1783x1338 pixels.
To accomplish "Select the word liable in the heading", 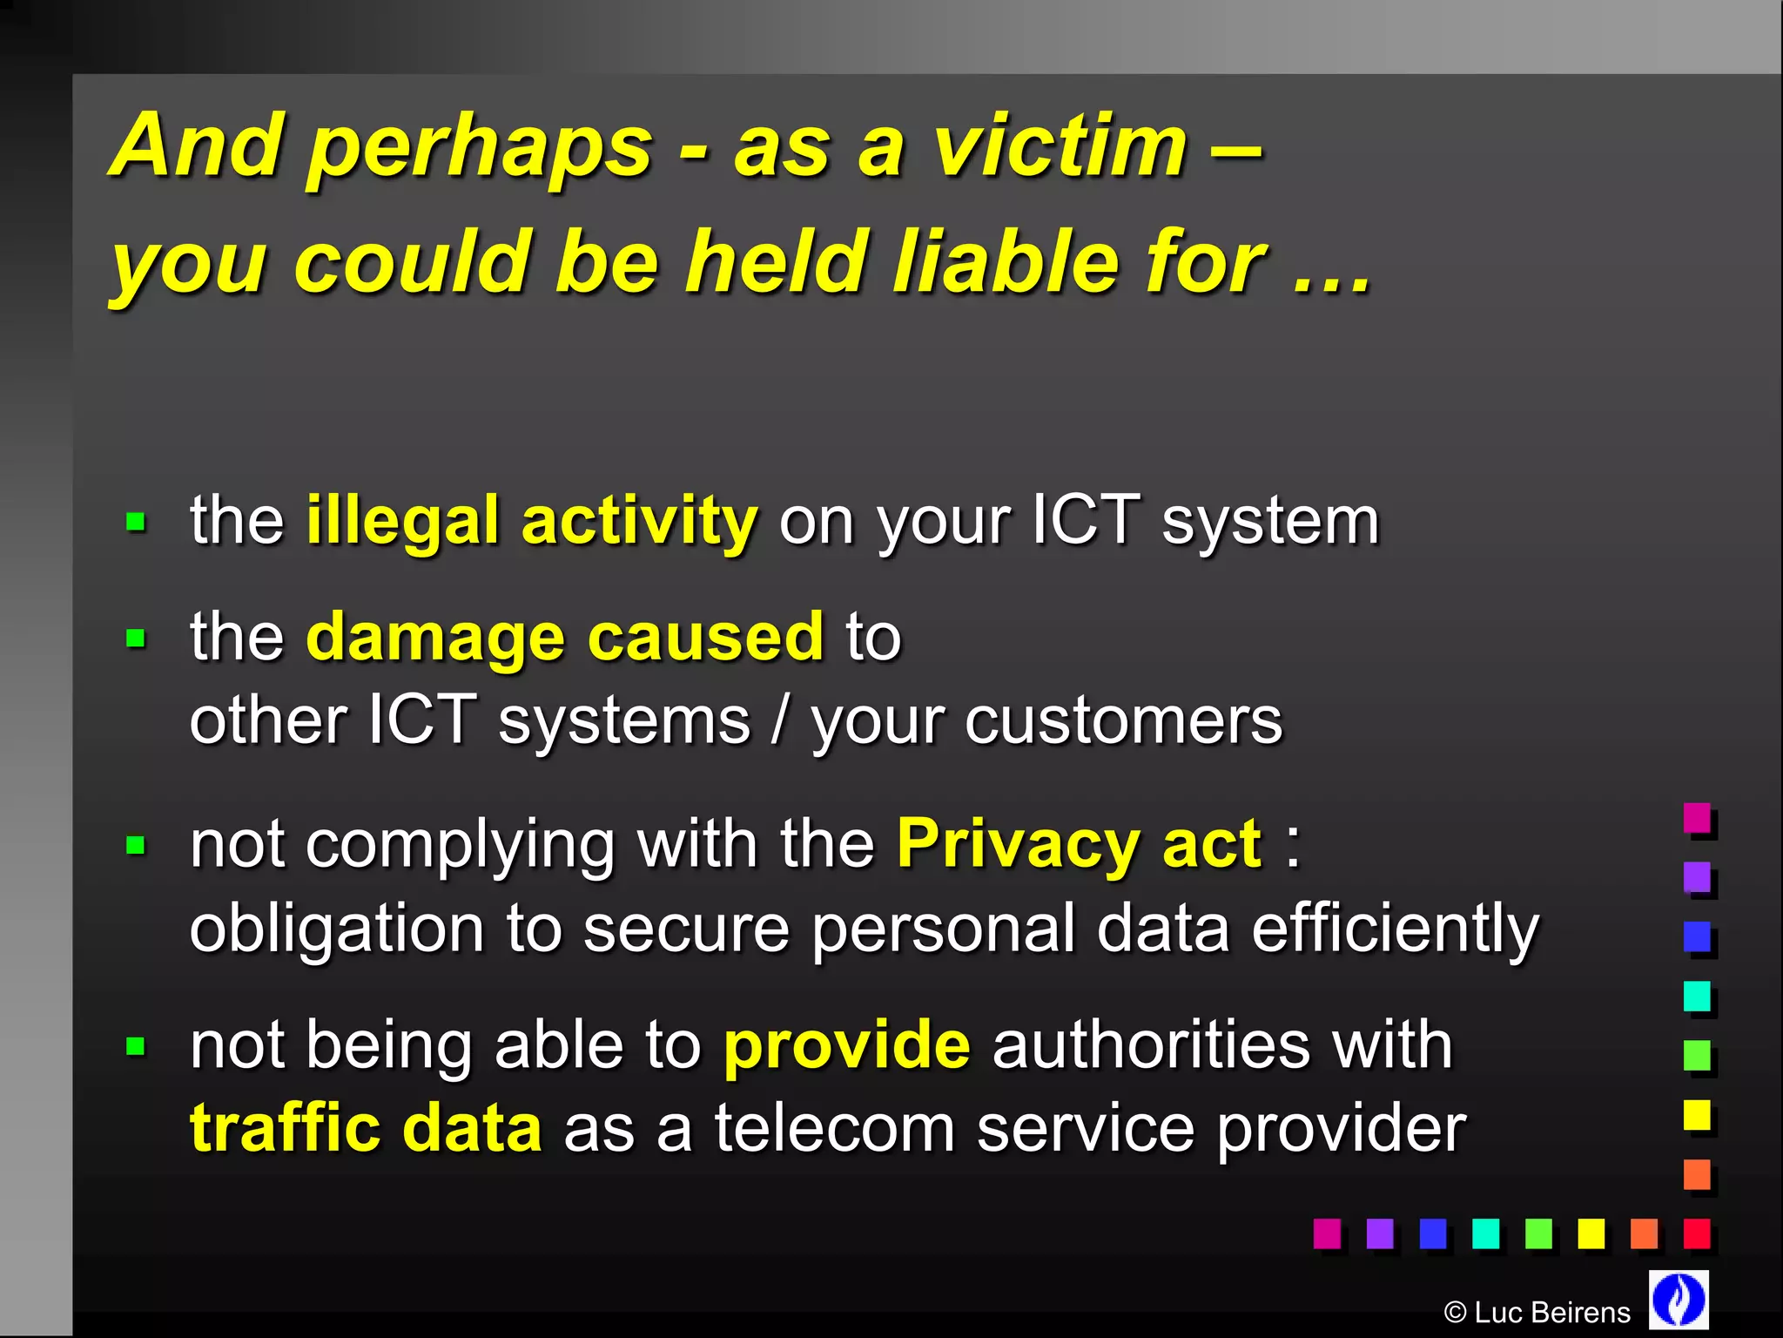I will [1006, 261].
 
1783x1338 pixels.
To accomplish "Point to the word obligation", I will [336, 929].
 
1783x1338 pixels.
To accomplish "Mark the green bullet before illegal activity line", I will [136, 523].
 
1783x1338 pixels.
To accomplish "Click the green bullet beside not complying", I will [136, 845].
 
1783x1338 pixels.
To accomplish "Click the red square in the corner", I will [1696, 1233].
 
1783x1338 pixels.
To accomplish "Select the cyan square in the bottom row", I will [1485, 1233].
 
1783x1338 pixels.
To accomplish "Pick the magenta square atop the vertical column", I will [1697, 818].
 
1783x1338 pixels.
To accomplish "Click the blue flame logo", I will [1679, 1299].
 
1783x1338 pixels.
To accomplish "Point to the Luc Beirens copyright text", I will [1537, 1312].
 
